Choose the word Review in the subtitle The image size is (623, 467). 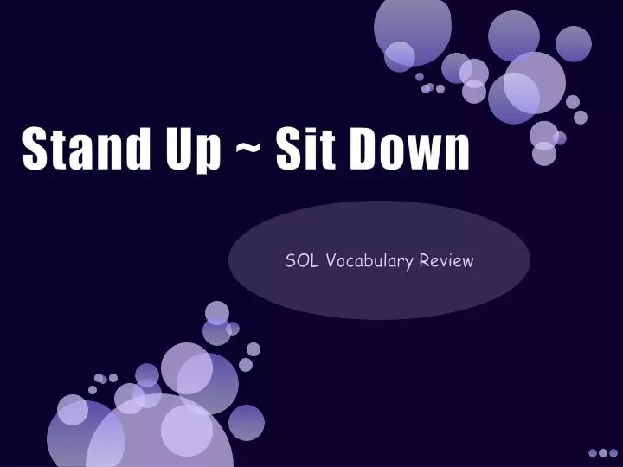tap(446, 259)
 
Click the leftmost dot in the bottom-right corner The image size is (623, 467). tap(594, 452)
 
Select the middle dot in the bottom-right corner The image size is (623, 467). tap(603, 452)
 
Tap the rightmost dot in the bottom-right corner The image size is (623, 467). tap(613, 452)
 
